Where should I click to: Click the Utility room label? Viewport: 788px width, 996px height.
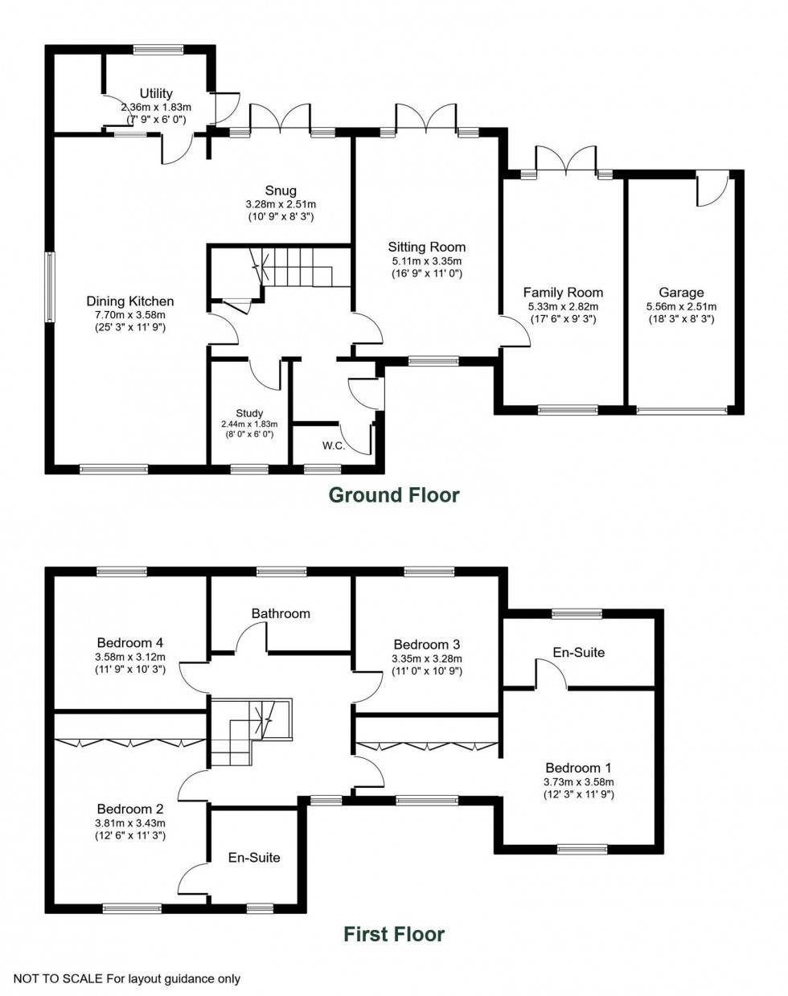click(155, 94)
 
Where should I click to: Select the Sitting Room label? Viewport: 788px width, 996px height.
click(426, 247)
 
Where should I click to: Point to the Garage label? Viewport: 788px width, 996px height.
click(681, 293)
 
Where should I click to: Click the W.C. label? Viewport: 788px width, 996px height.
click(334, 446)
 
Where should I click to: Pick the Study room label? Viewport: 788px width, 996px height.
click(249, 413)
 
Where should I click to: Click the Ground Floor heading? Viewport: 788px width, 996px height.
click(394, 495)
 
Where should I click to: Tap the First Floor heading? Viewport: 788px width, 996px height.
click(394, 934)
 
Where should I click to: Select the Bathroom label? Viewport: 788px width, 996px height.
click(281, 613)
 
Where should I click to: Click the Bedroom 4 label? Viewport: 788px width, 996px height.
click(130, 642)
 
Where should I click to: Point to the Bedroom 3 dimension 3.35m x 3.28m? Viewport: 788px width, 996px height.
click(426, 658)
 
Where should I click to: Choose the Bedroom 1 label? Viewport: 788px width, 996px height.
click(578, 768)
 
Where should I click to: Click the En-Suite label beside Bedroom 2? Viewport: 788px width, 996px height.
click(254, 858)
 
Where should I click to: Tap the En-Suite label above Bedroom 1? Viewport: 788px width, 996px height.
click(578, 652)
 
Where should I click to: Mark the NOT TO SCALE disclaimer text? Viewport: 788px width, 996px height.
click(127, 979)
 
